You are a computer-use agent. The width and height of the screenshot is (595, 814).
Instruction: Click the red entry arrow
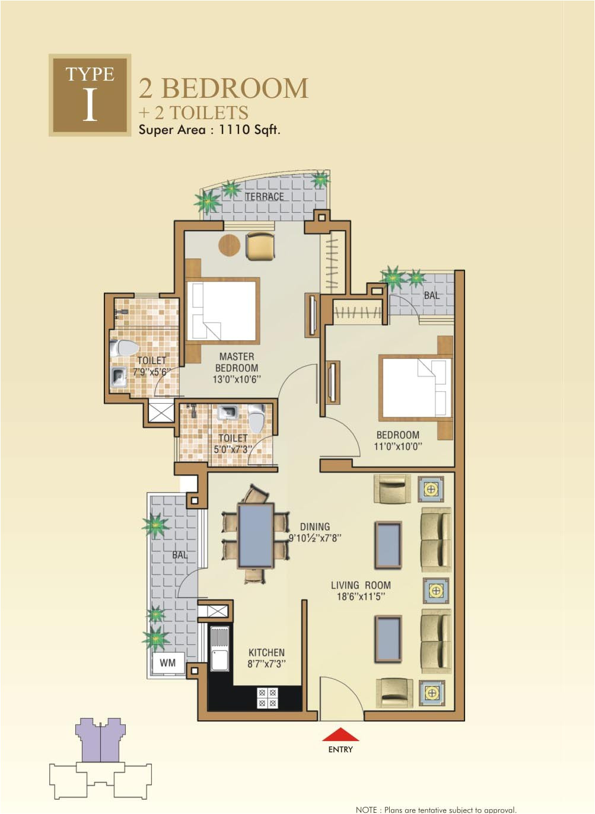pos(341,735)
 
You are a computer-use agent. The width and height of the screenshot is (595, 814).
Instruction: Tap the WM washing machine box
pos(167,663)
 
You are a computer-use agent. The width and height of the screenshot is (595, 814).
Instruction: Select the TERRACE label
pos(265,196)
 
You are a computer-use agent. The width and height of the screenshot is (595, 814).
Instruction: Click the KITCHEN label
pos(266,652)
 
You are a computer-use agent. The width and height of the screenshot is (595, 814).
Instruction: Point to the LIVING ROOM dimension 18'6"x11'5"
pos(361,596)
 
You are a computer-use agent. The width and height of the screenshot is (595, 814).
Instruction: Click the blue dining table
pos(256,535)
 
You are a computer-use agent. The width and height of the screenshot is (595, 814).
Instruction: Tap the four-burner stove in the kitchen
pos(267,698)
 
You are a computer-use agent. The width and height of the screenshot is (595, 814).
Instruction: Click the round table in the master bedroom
pos(229,245)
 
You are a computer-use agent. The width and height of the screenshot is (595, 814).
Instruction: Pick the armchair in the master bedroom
pos(260,246)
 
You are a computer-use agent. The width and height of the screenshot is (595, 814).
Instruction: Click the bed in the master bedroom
pos(222,311)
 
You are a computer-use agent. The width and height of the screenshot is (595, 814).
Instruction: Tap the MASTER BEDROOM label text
pos(237,362)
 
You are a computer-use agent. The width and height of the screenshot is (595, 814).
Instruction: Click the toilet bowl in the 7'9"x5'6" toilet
pos(125,348)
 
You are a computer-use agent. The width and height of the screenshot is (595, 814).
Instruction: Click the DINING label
pos(314,526)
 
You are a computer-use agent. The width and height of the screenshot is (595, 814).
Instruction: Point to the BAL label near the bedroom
pos(431,295)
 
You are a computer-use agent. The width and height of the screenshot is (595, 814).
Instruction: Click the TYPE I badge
pos(90,95)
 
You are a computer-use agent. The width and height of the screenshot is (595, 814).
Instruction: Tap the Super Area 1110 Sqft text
pos(209,130)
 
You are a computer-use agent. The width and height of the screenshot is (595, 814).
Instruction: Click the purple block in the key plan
pos(100,741)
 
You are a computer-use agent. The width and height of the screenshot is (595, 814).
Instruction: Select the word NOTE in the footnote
pos(366,809)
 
